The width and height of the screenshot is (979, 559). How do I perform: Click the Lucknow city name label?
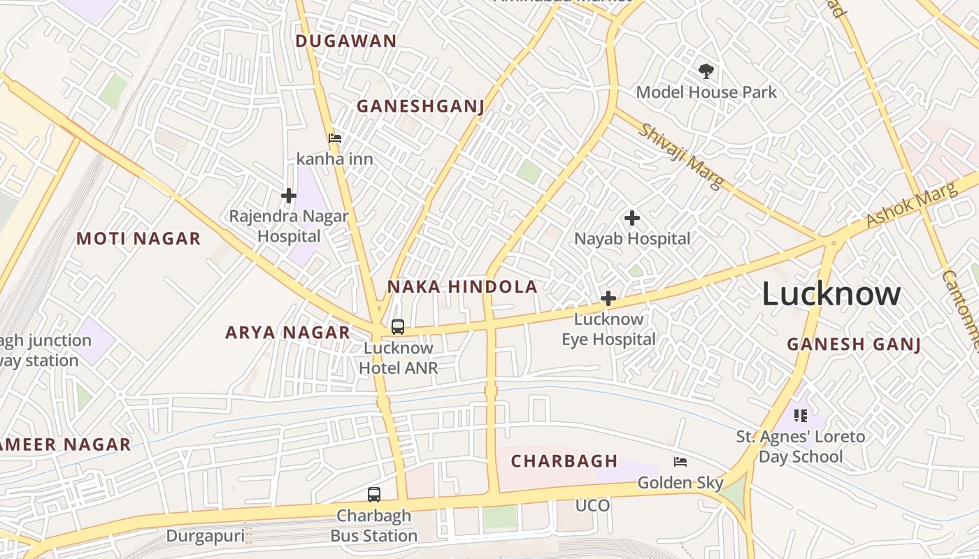pos(831,293)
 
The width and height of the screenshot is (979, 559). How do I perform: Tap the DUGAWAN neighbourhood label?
pos(345,41)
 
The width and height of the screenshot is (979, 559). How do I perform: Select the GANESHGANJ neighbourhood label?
pos(420,106)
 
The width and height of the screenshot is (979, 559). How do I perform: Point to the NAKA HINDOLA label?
pos(462,286)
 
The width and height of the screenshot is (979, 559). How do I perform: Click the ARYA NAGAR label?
pos(287,333)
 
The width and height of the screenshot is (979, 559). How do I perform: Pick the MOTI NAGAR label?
pos(138,239)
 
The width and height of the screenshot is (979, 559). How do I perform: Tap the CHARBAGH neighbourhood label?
pos(564,461)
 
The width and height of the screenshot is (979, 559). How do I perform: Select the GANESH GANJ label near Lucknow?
pos(853,344)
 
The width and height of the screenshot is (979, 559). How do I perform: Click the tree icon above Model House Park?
pos(706,71)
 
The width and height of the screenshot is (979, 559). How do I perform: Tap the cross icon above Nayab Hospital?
pos(632,218)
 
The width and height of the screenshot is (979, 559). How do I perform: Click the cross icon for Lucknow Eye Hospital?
pos(608,299)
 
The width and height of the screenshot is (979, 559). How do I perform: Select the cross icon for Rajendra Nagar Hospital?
pos(288,196)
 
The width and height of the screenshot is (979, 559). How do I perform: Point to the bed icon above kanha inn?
pos(335,138)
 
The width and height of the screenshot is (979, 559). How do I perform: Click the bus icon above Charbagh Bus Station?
pos(374,495)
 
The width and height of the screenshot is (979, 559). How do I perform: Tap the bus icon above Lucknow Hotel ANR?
pos(397,326)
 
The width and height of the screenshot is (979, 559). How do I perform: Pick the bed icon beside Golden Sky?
pos(680,462)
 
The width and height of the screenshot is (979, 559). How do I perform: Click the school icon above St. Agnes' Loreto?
pos(801,416)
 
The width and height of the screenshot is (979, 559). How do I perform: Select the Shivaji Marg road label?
pos(680,157)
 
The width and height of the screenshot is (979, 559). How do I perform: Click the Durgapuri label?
pos(205,536)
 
